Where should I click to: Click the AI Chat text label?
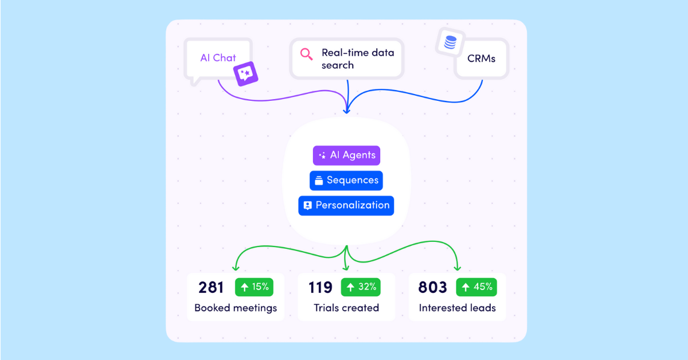pyautogui.click(x=218, y=58)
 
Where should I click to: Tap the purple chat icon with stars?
pyautogui.click(x=246, y=74)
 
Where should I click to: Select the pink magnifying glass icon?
pyautogui.click(x=306, y=54)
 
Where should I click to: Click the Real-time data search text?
pyautogui.click(x=358, y=58)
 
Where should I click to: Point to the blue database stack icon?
pyautogui.click(x=450, y=42)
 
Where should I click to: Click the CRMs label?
pyautogui.click(x=481, y=58)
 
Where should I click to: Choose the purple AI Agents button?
pyautogui.click(x=346, y=155)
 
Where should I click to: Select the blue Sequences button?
pyautogui.click(x=346, y=181)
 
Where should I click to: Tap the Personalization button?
pyautogui.click(x=346, y=206)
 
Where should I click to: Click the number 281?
pyautogui.click(x=211, y=288)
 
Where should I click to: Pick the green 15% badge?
pyautogui.click(x=254, y=287)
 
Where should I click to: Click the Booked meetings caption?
pyautogui.click(x=236, y=308)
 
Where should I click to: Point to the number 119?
pyautogui.click(x=320, y=288)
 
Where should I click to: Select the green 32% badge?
pyautogui.click(x=361, y=287)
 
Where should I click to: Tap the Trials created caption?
pyautogui.click(x=346, y=308)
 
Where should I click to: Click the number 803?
pyautogui.click(x=432, y=288)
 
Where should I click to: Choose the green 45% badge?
pyautogui.click(x=476, y=287)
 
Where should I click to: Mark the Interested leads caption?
pyautogui.click(x=458, y=308)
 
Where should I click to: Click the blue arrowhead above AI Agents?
pyautogui.click(x=347, y=111)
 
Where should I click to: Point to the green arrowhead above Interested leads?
pyautogui.click(x=458, y=268)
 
